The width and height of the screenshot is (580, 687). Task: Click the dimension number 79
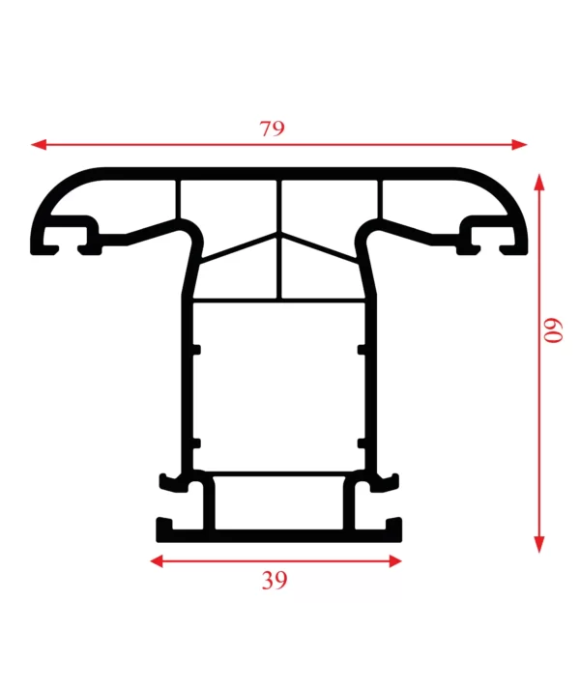(272, 129)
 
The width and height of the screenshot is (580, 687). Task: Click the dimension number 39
(275, 580)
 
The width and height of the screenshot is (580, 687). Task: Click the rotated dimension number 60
(553, 330)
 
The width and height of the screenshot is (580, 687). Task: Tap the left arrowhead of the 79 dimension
(39, 144)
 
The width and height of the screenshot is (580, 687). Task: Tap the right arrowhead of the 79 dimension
(519, 144)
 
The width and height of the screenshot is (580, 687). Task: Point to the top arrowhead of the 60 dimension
(539, 182)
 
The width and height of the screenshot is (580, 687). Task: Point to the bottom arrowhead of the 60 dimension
(539, 545)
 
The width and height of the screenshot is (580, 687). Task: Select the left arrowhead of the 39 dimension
(157, 560)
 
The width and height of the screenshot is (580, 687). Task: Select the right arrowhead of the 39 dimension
(395, 560)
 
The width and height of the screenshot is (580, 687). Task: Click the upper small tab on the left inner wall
(196, 350)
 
